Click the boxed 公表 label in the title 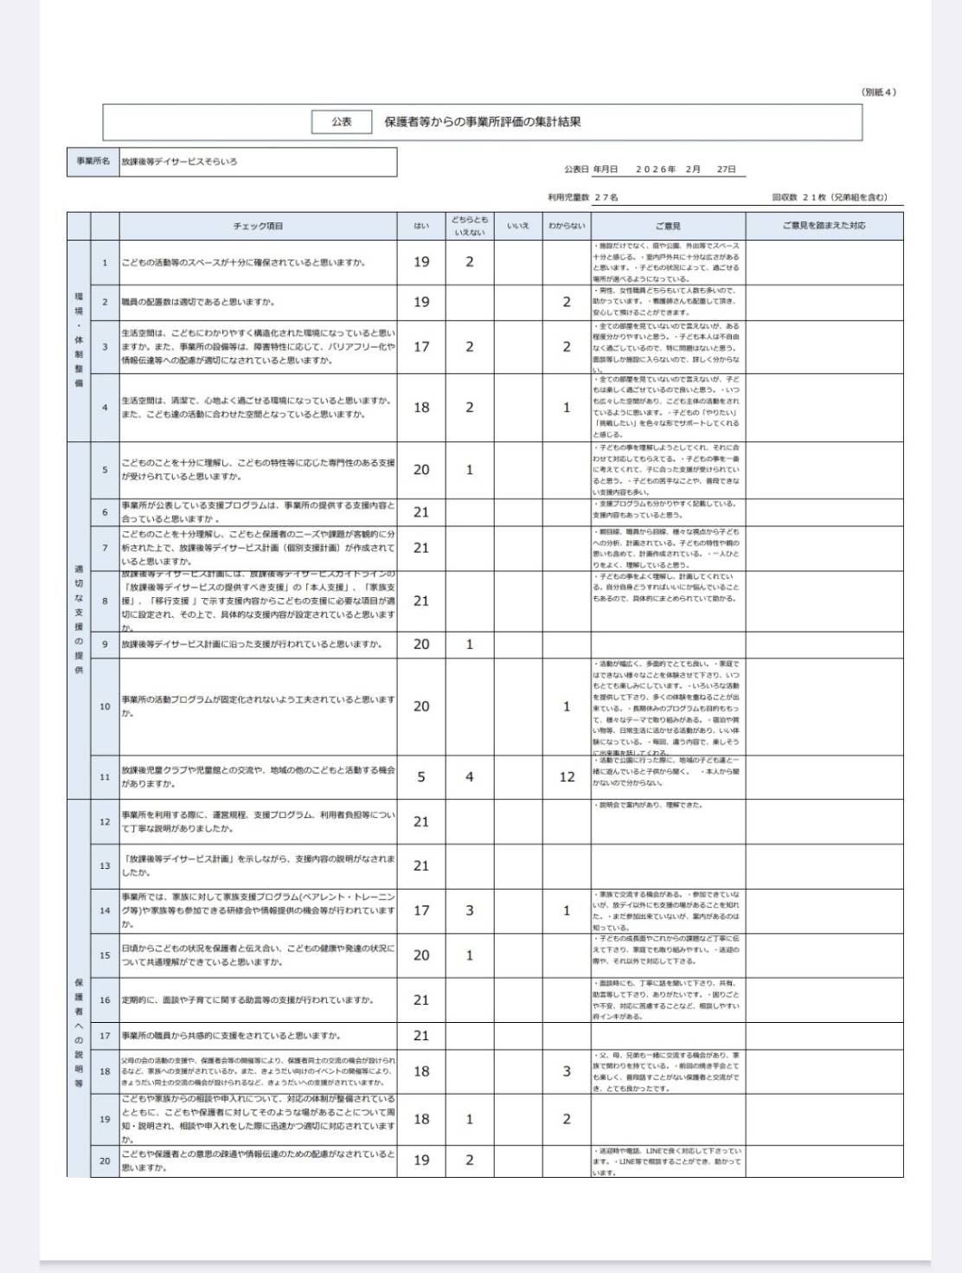[x=342, y=122]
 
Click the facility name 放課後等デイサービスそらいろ [x=179, y=162]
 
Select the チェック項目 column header [x=258, y=226]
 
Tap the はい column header [x=421, y=226]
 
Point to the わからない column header [x=567, y=226]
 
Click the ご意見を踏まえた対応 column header [x=824, y=226]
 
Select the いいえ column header [x=518, y=226]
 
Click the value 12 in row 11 [x=567, y=777]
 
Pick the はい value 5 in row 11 [x=421, y=777]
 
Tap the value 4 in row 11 [x=470, y=777]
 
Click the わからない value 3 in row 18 [x=567, y=1071]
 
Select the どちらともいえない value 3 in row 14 [x=470, y=910]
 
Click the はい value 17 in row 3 [x=421, y=347]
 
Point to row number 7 [x=105, y=548]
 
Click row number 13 [x=105, y=865]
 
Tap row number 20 [x=105, y=1160]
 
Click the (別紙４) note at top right [x=879, y=92]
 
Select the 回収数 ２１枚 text [x=830, y=197]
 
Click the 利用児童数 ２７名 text [x=583, y=197]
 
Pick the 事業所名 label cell [x=93, y=162]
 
